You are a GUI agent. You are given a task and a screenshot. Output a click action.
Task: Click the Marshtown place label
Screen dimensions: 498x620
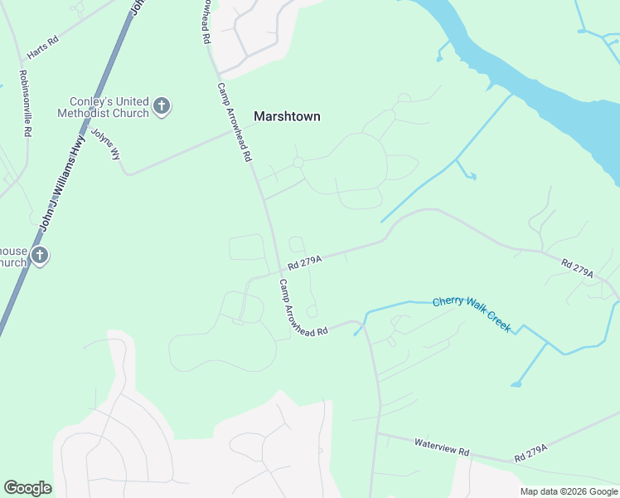coord(287,117)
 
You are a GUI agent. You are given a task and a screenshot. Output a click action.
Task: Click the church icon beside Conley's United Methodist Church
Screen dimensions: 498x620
coord(162,106)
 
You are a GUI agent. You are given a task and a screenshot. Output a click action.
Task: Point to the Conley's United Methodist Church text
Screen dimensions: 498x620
coord(104,106)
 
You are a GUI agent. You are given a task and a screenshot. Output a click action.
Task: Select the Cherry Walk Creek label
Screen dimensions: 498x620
coord(472,314)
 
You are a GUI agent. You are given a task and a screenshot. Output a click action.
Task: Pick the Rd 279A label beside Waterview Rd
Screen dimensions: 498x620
coord(531,453)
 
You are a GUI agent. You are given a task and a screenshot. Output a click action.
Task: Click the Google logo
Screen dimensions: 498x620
coord(27,488)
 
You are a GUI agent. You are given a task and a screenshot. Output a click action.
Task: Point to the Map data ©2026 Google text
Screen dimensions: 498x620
coord(569,491)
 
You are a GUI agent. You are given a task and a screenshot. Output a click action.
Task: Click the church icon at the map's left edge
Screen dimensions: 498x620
coord(38,256)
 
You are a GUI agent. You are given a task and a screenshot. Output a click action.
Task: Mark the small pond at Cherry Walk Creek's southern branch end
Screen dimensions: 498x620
coord(516,383)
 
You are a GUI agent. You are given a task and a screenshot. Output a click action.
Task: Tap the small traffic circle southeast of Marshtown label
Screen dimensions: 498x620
coord(298,163)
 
